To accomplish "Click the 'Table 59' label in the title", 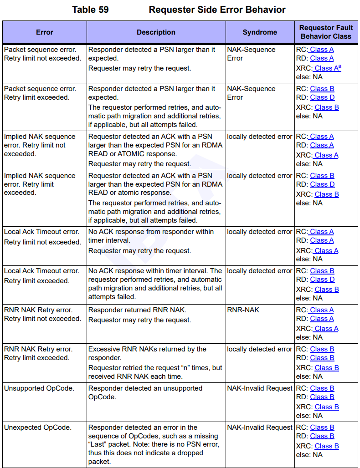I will pyautogui.click(x=90, y=10).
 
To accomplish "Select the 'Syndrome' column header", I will pyautogui.click(x=260, y=32).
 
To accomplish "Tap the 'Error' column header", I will pyautogui.click(x=45, y=32).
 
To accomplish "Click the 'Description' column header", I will pyautogui.click(x=156, y=32).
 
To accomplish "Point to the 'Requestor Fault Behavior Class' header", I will pyautogui.click(x=326, y=32).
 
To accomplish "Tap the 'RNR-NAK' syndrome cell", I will pyautogui.click(x=243, y=310).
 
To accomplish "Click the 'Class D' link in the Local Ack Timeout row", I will pyautogui.click(x=322, y=280).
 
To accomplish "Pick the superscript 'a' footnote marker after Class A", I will pyautogui.click(x=339, y=66).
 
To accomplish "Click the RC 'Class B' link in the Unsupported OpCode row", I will pyautogui.click(x=322, y=388).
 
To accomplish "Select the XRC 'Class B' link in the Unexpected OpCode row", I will pyautogui.click(x=327, y=446).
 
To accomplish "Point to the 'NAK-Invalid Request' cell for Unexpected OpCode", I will pyautogui.click(x=260, y=427).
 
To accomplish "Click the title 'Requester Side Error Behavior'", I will pyautogui.click(x=217, y=10).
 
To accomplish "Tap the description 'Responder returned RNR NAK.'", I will pyautogui.click(x=137, y=310).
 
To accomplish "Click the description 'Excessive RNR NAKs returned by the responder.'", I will pyautogui.click(x=147, y=353).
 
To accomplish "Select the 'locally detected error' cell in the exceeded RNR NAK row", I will pyautogui.click(x=260, y=349).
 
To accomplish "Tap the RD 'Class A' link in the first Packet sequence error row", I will pyautogui.click(x=322, y=58).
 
